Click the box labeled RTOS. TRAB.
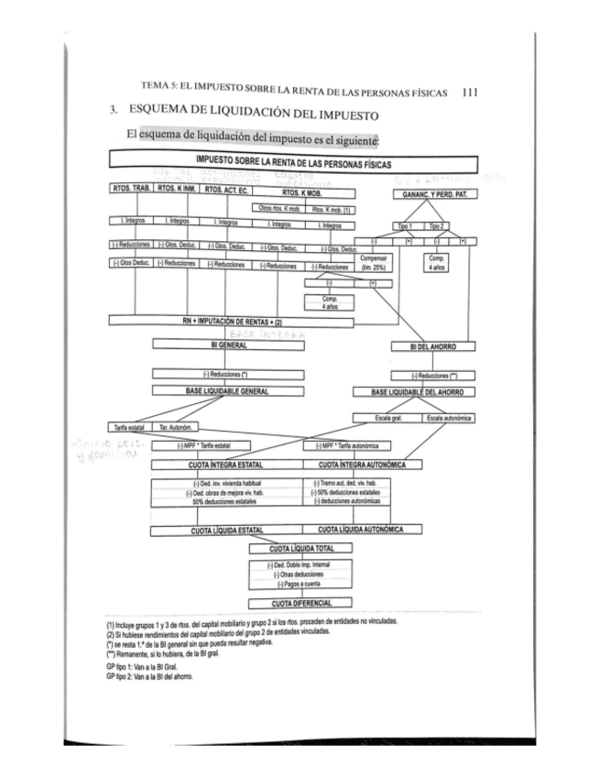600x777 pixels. click(x=129, y=191)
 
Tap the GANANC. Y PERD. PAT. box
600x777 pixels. click(x=434, y=194)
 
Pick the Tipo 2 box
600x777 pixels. click(x=435, y=224)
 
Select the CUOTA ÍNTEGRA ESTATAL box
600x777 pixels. click(x=225, y=465)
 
